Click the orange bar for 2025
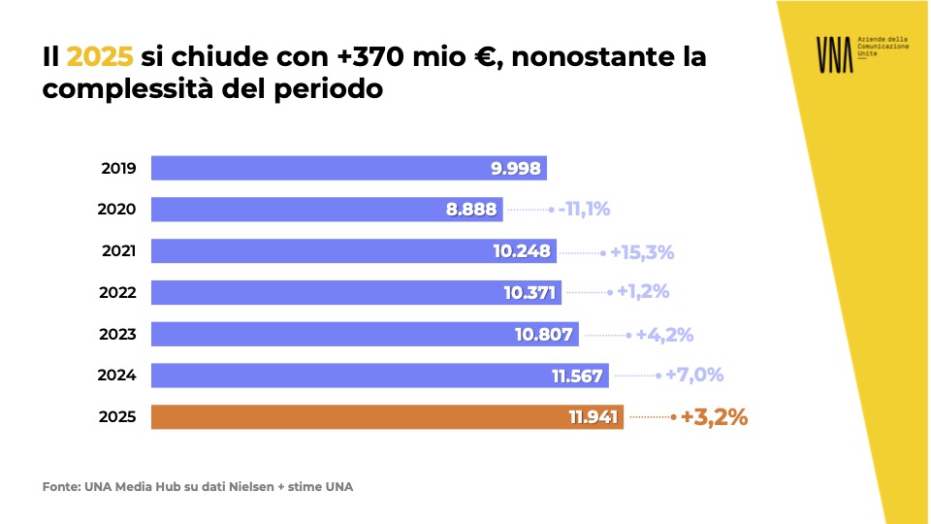point(388,417)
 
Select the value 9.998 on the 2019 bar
point(515,168)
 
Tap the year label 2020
point(118,210)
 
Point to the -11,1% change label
point(584,210)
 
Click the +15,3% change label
point(641,252)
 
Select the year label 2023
point(118,335)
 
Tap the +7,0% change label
point(694,376)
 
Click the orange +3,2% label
point(714,418)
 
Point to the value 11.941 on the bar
point(594,418)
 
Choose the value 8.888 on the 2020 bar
point(471,210)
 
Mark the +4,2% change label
point(664,335)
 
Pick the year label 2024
point(118,376)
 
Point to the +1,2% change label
point(642,292)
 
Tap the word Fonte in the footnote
point(60,486)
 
